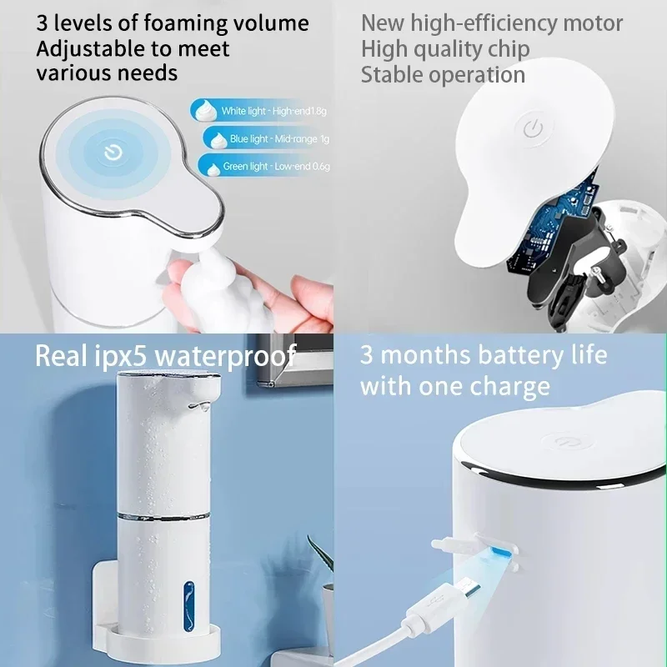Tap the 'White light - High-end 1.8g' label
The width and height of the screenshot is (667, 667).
pos(262,111)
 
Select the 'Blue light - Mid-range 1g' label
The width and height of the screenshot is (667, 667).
pos(268,138)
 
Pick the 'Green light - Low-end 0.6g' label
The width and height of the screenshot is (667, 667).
pos(265,167)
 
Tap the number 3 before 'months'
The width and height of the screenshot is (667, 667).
pos(367,356)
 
